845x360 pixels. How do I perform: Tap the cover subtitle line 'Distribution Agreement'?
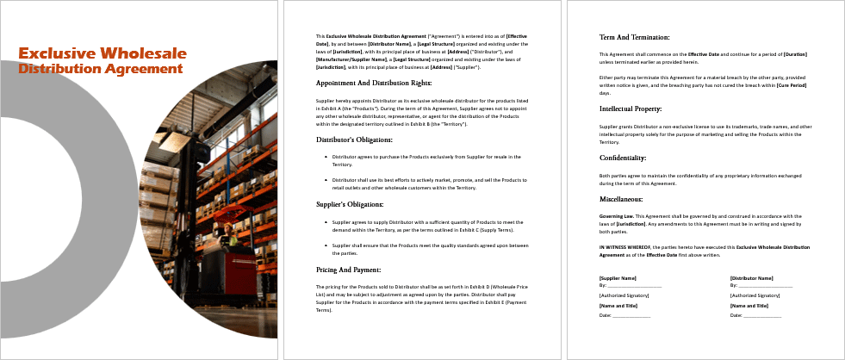tap(100, 69)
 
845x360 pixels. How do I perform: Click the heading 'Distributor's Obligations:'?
tap(354, 140)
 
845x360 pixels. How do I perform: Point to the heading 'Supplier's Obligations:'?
tap(351, 204)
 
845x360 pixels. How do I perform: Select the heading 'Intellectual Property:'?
tap(631, 109)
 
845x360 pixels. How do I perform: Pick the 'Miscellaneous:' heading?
tap(623, 199)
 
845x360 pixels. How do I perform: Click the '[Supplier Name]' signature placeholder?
tap(618, 278)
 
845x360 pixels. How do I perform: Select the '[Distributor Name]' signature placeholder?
tap(750, 278)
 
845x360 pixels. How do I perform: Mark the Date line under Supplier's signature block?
tap(624, 315)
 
